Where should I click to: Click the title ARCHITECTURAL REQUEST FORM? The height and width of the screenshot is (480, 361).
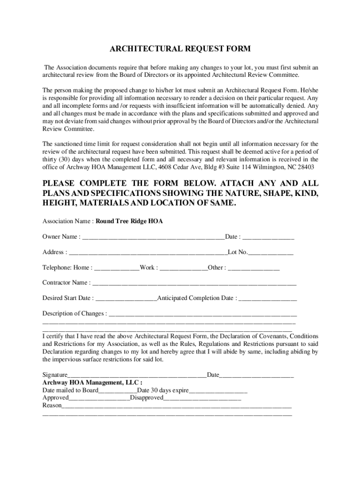point(180,49)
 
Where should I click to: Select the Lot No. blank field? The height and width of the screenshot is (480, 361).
point(271,253)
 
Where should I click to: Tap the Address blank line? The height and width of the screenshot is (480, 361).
point(148,253)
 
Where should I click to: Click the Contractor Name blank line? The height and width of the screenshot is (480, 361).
point(195,283)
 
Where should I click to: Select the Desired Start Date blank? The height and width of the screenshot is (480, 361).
point(126,299)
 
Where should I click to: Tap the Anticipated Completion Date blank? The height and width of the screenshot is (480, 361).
point(268,299)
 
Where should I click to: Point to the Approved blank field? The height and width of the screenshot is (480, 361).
point(99,398)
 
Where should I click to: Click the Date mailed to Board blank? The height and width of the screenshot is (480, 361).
point(118,390)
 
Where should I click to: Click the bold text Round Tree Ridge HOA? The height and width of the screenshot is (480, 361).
point(129,221)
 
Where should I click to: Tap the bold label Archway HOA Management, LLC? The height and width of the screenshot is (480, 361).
point(86,382)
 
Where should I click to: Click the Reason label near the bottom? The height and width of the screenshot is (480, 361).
point(52,405)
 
